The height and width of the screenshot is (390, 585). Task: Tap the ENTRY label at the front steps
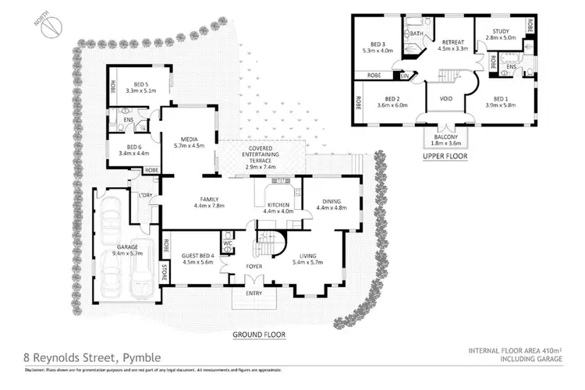(254, 294)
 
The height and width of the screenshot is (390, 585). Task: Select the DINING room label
(333, 200)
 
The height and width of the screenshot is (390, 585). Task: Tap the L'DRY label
(144, 196)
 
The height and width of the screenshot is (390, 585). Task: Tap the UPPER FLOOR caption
(444, 156)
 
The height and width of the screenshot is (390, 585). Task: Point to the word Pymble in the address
(140, 358)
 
